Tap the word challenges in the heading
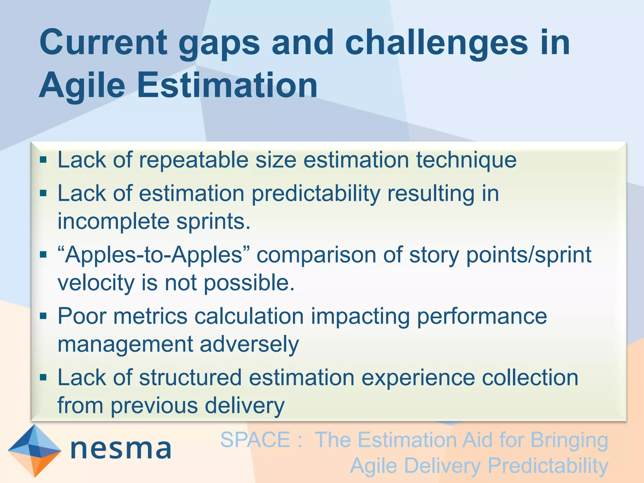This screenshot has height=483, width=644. point(436,43)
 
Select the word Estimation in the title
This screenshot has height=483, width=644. point(227,85)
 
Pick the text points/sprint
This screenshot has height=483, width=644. point(529,255)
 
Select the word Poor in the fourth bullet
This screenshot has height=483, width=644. point(82,316)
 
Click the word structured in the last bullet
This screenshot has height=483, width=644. point(190,377)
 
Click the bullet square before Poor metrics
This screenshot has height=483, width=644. point(43,315)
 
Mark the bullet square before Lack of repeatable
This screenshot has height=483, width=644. point(43,160)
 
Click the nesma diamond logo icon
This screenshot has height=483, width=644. point(34,450)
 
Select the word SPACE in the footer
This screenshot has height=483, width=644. point(255,440)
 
